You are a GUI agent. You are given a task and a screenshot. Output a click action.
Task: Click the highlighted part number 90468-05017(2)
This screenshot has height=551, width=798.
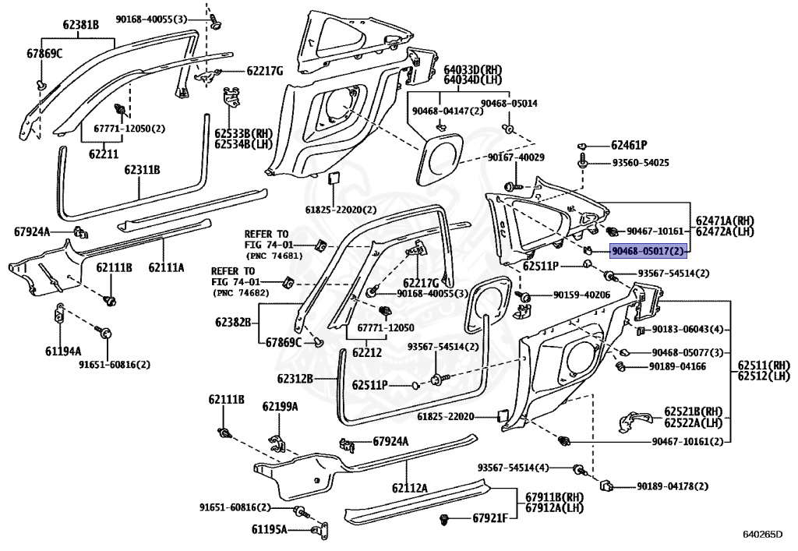[648, 251]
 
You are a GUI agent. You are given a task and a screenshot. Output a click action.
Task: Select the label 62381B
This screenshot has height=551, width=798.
[81, 24]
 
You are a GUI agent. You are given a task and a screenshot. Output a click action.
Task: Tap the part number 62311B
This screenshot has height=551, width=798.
[142, 169]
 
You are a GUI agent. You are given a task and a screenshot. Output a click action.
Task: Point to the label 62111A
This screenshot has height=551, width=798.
[167, 267]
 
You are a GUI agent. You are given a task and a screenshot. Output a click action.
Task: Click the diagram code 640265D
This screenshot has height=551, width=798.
[762, 534]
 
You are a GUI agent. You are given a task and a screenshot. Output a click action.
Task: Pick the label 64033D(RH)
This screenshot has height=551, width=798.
[473, 69]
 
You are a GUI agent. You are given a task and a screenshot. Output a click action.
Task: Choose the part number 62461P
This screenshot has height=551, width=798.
[629, 146]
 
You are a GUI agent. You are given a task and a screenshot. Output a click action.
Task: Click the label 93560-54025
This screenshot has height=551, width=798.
[641, 163]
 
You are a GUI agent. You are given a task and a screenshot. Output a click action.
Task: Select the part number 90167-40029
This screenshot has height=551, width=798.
[516, 157]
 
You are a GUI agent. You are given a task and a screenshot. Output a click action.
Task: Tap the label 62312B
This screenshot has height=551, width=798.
[295, 379]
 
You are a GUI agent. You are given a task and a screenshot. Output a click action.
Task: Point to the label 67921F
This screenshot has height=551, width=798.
[490, 518]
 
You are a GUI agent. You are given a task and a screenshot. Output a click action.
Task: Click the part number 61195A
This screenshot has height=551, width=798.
[269, 530]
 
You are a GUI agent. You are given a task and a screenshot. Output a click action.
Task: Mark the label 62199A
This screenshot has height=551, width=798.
[280, 406]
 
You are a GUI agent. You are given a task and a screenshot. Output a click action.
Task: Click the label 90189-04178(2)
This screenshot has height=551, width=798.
[673, 486]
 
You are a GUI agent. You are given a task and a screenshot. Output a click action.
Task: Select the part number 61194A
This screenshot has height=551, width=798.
[63, 351]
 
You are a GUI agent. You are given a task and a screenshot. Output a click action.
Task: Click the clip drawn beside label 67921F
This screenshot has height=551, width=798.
[444, 520]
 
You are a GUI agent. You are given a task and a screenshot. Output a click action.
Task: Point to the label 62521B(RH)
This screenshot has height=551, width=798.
[693, 411]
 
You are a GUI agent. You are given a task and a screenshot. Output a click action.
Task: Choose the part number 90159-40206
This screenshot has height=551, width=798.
[581, 295]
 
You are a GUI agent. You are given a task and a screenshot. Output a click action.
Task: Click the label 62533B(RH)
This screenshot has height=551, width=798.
[243, 133]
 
